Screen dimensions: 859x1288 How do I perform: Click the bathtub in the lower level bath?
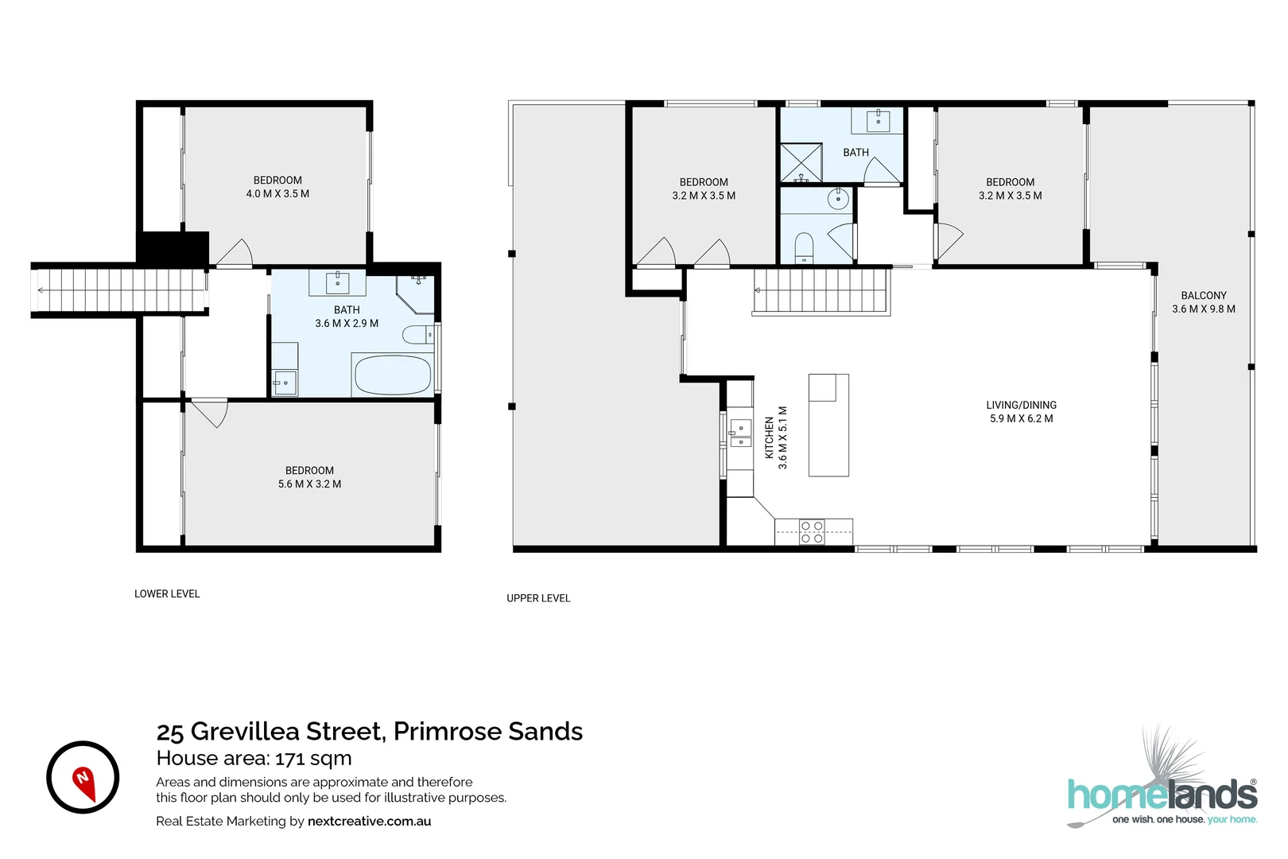click(393, 375)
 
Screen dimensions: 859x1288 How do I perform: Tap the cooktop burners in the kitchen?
click(812, 532)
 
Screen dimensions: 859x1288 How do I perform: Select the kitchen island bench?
click(828, 426)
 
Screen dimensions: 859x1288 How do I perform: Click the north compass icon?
click(83, 777)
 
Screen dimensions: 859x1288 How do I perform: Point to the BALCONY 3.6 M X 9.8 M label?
click(1203, 302)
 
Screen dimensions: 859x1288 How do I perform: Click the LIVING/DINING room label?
click(1021, 412)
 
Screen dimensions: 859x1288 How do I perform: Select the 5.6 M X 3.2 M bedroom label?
click(309, 477)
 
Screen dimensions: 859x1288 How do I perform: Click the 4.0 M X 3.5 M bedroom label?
click(277, 187)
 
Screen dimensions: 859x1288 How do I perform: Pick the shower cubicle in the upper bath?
click(801, 163)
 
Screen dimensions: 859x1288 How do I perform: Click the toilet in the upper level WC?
click(805, 247)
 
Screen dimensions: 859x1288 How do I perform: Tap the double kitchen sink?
click(740, 433)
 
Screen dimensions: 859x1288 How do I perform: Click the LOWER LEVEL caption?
click(167, 594)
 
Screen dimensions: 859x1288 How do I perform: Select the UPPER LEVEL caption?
click(538, 598)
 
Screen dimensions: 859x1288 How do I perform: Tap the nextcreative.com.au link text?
click(369, 822)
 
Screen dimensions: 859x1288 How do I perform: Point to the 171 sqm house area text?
click(313, 758)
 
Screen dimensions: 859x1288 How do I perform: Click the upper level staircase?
click(821, 290)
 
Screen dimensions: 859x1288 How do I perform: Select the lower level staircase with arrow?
click(119, 290)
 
